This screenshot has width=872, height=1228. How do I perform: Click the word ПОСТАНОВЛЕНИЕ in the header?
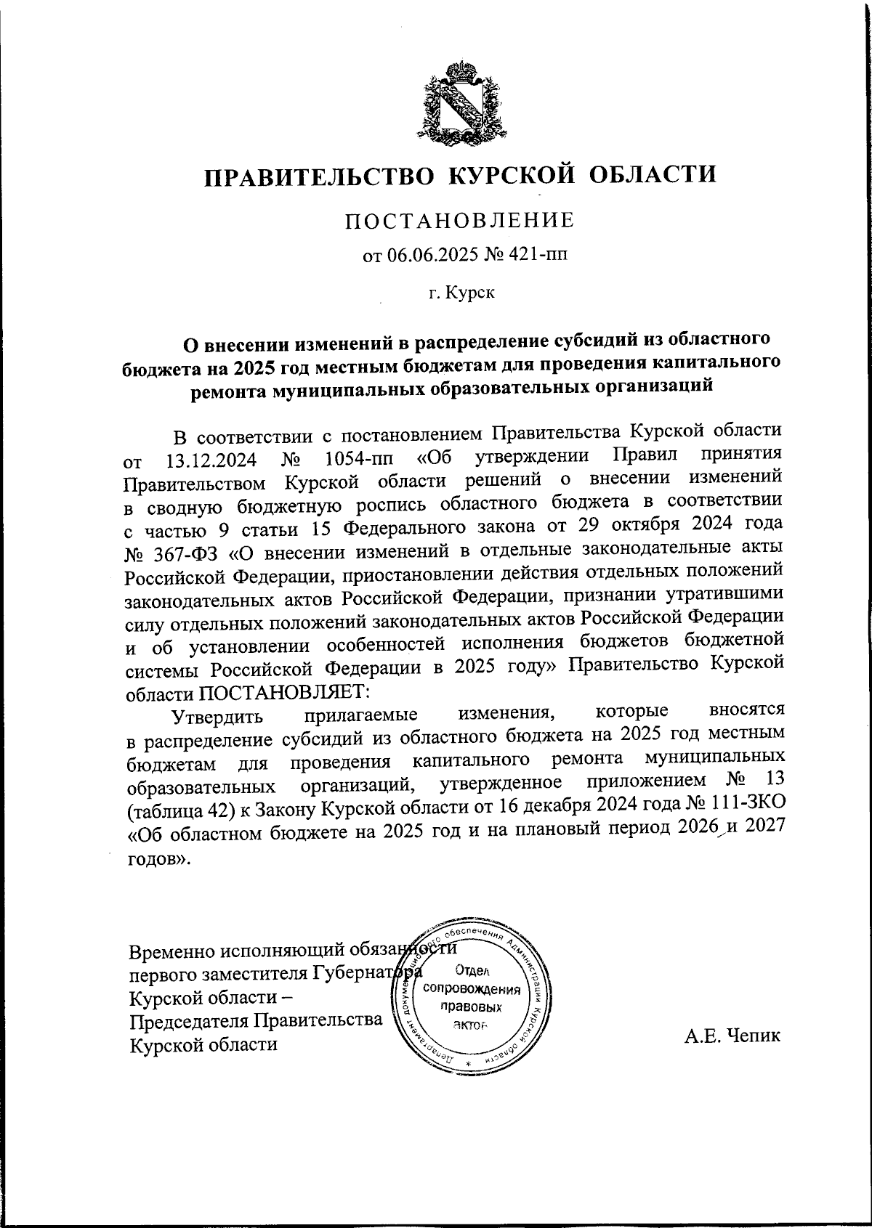pyautogui.click(x=459, y=221)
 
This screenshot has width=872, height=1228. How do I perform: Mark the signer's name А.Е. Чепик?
pyautogui.click(x=732, y=1036)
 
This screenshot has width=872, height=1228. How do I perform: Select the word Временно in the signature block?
pyautogui.click(x=171, y=951)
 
